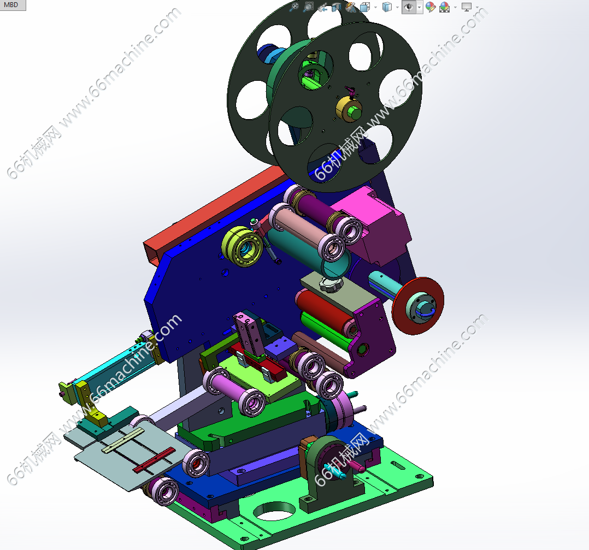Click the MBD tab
[13, 5]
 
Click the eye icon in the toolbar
[409, 7]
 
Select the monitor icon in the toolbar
[466, 7]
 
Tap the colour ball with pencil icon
[431, 7]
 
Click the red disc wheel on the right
[417, 306]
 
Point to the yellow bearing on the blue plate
[242, 246]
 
